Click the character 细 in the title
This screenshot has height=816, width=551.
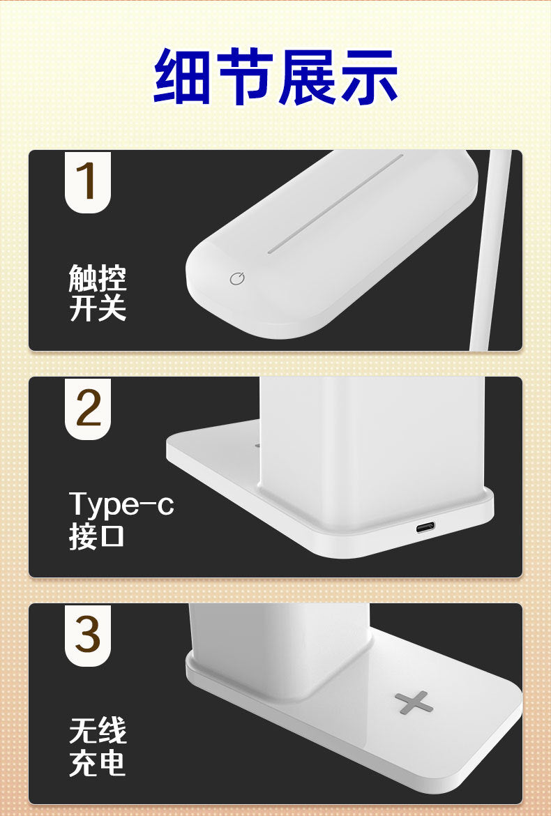click(x=183, y=76)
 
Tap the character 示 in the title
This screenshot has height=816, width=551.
click(x=368, y=76)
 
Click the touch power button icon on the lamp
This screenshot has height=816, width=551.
click(x=238, y=279)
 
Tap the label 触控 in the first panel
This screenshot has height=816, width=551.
click(x=98, y=279)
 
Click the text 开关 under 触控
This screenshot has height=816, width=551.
click(x=98, y=308)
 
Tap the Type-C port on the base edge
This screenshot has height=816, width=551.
click(x=425, y=527)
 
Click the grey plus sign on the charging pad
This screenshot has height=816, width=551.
click(x=414, y=702)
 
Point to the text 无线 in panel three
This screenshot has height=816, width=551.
click(x=98, y=732)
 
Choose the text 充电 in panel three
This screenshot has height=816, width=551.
click(x=98, y=763)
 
